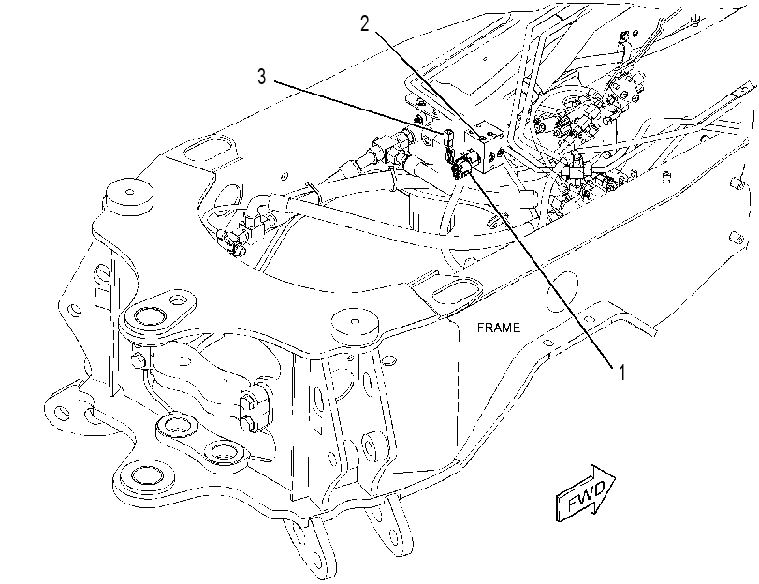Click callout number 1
pos(622,372)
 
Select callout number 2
pos(364,22)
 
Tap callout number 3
pos(261,76)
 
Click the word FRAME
pos(499,328)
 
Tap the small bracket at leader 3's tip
pos(448,141)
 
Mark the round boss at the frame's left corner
pos(127,195)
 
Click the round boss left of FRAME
pos(355,324)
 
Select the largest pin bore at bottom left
pos(144,477)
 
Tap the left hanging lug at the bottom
pos(310,547)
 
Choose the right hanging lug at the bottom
pos(392,528)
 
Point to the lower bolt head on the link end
pos(247,423)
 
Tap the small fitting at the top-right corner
pos(695,20)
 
